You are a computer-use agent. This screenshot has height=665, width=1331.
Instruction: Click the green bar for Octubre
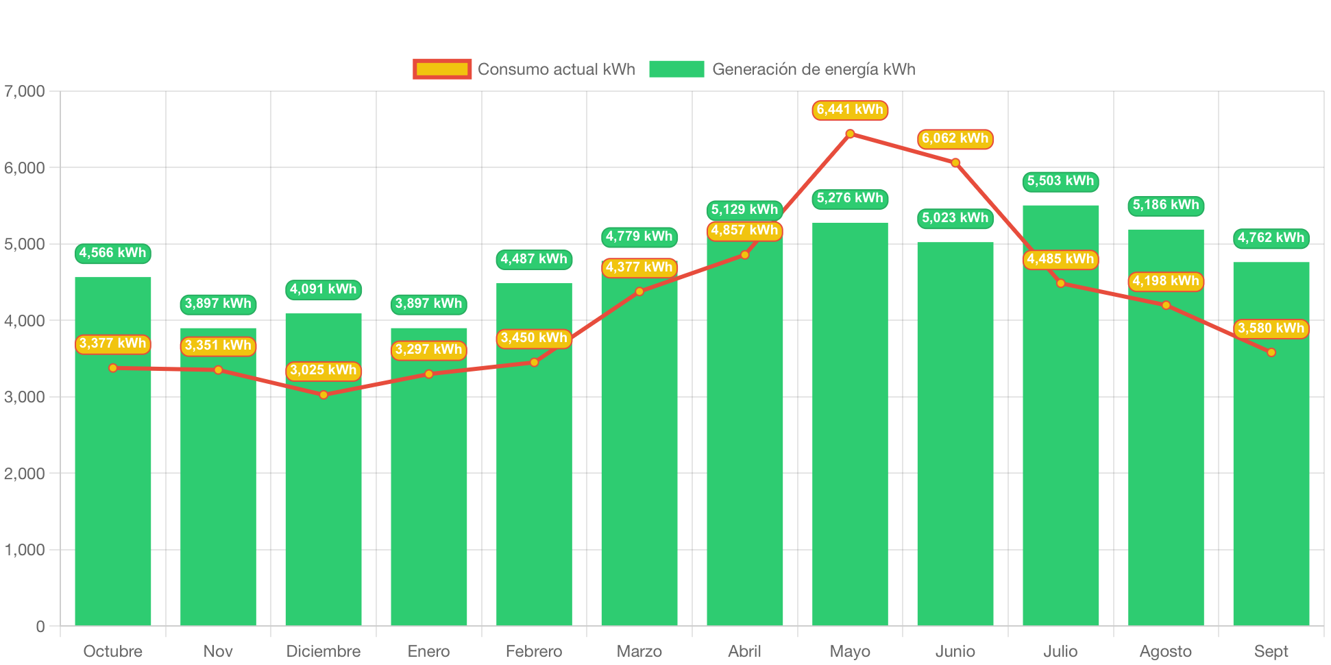point(113,480)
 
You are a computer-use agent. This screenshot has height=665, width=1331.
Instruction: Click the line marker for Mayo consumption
point(850,134)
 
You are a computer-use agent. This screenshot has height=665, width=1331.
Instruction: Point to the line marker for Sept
point(1271,352)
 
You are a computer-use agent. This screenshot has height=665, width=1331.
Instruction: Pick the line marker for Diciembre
point(323,395)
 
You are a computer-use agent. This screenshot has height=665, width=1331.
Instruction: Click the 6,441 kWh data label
point(850,110)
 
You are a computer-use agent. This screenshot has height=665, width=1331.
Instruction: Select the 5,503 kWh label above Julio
point(1060,181)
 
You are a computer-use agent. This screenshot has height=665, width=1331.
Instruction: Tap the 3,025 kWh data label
point(323,370)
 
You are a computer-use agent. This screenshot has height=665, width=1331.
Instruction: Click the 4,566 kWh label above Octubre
point(113,253)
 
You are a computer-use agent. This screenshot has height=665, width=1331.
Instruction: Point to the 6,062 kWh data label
point(955,138)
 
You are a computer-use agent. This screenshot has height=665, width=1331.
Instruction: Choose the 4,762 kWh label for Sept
point(1271,238)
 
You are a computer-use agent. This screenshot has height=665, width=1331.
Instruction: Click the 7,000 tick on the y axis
point(25,91)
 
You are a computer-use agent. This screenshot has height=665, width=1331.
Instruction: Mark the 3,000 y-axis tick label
point(25,397)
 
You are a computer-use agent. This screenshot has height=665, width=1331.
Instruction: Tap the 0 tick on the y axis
point(40,626)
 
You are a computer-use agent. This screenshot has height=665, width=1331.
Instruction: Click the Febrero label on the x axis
point(534,651)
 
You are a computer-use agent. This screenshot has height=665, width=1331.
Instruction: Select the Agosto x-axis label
point(1166,651)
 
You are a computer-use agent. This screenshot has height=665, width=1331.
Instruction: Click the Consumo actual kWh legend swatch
point(442,69)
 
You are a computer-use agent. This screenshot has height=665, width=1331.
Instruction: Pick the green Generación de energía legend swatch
point(676,69)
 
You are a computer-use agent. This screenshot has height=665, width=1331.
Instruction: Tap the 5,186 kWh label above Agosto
point(1166,205)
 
